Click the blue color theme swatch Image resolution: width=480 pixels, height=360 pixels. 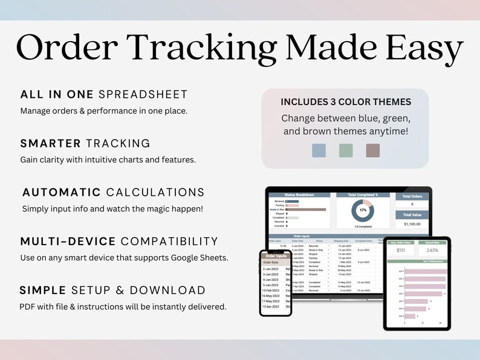319,150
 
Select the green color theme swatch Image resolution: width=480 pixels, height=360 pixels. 346,150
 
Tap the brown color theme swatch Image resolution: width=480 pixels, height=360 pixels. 373,150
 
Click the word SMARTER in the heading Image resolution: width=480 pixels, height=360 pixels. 51,143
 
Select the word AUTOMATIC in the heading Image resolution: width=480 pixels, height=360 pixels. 62,192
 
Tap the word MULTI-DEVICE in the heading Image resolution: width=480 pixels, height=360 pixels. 68,241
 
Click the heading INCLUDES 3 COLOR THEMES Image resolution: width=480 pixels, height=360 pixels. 346,101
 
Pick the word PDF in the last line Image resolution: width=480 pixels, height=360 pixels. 28,307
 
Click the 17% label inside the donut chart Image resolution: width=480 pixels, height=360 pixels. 363,210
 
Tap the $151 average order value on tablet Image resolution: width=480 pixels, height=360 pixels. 400,251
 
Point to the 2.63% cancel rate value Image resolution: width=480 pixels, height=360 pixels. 433,251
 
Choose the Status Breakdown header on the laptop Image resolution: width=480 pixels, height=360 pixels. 299,195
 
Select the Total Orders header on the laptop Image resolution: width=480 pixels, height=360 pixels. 413,196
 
